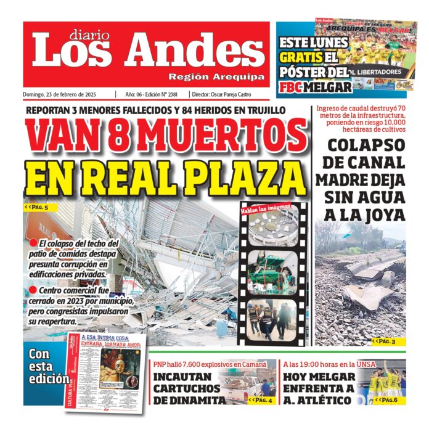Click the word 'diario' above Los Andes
[x=87, y=35]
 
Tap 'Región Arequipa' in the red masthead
[x=216, y=77]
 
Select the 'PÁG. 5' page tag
[x=36, y=208]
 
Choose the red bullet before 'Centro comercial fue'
[x=33, y=290]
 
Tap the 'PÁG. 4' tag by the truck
[x=260, y=399]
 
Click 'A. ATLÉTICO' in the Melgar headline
[x=318, y=401]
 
